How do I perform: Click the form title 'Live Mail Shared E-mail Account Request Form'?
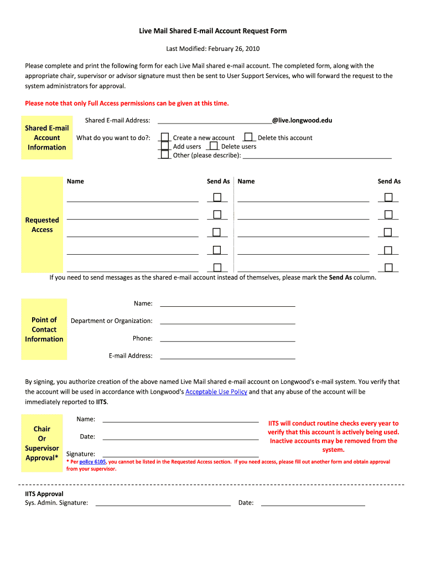tap(212, 31)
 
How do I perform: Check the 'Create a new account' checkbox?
tap(164, 137)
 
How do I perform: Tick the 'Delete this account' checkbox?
tap(248, 137)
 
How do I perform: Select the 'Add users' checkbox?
tap(164, 146)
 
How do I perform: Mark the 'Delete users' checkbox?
tap(214, 146)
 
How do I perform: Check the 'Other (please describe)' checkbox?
tap(164, 154)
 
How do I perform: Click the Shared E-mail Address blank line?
tap(214, 121)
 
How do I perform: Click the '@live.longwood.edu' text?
tap(302, 120)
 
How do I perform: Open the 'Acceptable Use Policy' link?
tap(216, 392)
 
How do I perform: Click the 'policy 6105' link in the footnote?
tap(92, 462)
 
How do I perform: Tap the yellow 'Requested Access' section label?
tap(42, 225)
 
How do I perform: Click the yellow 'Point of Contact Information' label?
tap(44, 329)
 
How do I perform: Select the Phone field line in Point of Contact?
tap(227, 338)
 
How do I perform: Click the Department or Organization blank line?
tap(227, 321)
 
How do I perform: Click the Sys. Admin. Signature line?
tap(163, 503)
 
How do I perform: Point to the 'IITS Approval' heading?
tap(44, 494)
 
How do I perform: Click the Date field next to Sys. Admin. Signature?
tap(313, 503)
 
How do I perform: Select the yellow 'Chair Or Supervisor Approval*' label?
tap(42, 443)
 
